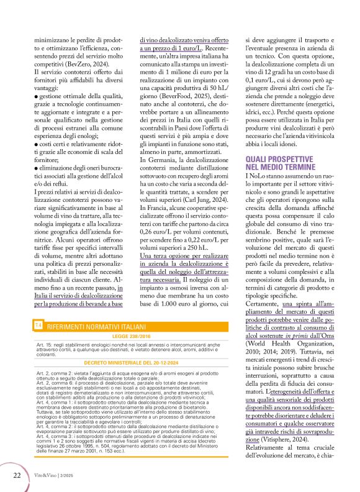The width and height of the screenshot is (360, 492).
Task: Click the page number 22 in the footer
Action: click(17, 475)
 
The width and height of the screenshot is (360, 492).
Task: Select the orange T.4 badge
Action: click(38, 326)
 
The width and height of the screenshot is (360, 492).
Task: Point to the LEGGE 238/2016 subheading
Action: click(129, 335)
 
